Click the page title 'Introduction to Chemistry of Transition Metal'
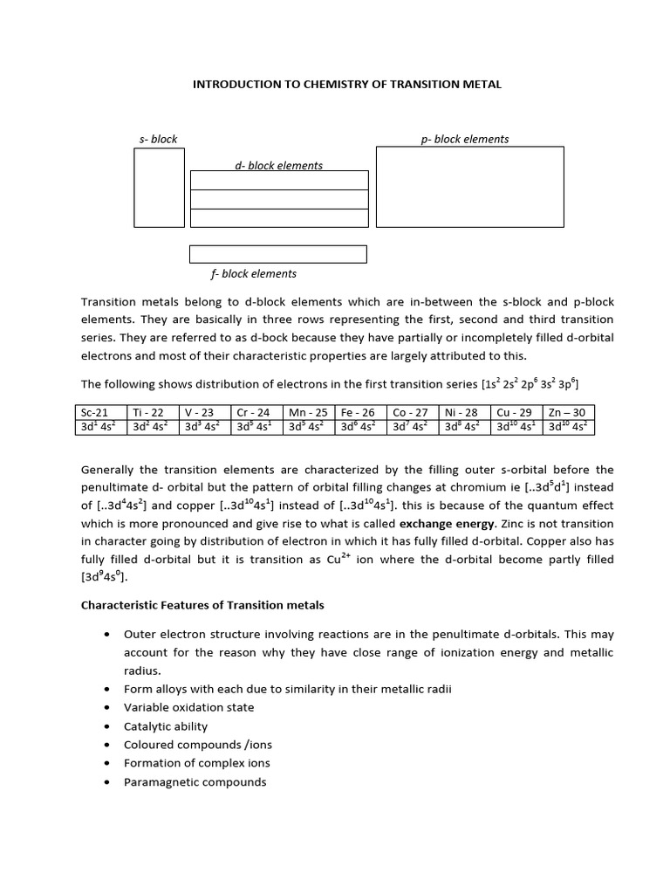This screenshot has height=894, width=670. pyautogui.click(x=346, y=84)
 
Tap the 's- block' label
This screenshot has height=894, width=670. pyautogui.click(x=158, y=139)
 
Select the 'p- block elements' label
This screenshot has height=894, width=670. pyautogui.click(x=465, y=139)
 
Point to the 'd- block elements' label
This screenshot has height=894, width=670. pyautogui.click(x=278, y=165)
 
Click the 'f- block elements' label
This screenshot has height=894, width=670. pyautogui.click(x=253, y=273)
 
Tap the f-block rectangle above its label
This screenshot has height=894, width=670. pyautogui.click(x=277, y=254)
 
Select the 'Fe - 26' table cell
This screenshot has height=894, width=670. pyautogui.click(x=359, y=412)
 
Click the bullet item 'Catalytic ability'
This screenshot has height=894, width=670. pyautogui.click(x=166, y=726)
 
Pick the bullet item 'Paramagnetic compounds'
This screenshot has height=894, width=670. pyautogui.click(x=195, y=781)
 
